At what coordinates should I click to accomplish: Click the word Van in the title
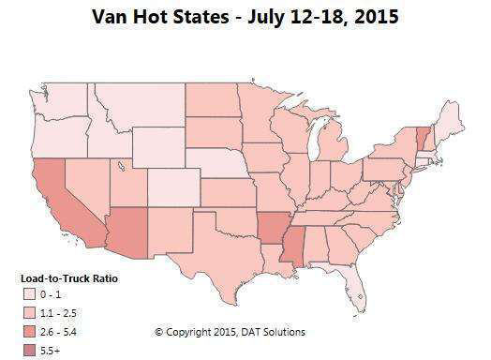(113, 16)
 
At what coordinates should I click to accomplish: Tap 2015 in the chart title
(376, 16)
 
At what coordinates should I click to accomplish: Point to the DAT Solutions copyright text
(230, 332)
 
